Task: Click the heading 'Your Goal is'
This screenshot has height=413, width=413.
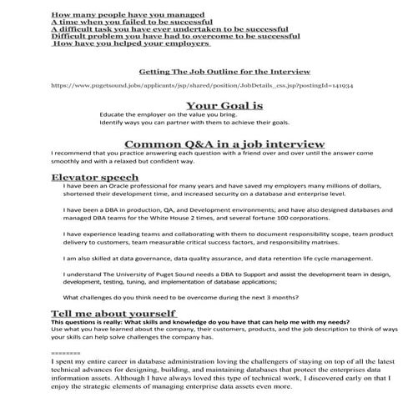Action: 224,106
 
